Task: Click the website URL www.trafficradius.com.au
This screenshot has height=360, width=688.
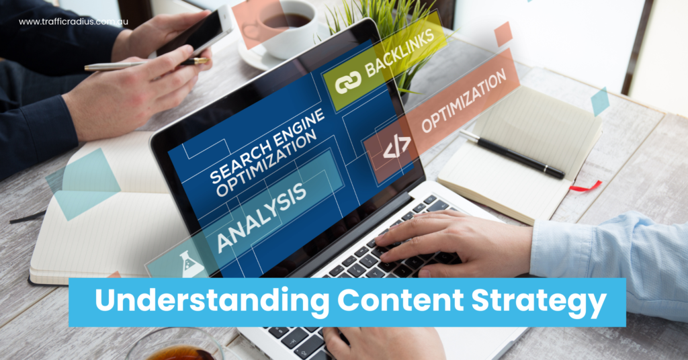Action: click(x=73, y=22)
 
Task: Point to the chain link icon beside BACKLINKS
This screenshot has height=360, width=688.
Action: click(x=348, y=81)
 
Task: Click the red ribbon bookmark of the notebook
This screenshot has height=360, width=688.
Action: click(x=585, y=186)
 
